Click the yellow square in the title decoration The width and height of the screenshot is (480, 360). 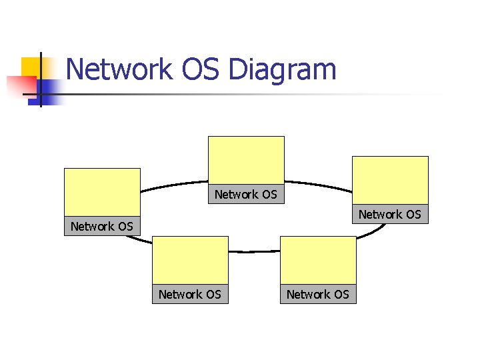tap(30, 67)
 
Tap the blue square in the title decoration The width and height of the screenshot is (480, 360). tap(50, 90)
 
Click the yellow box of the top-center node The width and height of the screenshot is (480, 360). tap(246, 160)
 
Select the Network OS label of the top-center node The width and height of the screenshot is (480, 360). tap(246, 194)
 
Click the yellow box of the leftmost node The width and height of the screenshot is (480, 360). tap(102, 192)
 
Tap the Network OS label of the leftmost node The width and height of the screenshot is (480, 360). tap(102, 227)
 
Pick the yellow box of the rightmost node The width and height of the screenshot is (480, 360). tap(390, 180)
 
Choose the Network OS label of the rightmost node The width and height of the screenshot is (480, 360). tap(390, 214)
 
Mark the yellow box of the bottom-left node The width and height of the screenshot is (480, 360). tap(190, 260)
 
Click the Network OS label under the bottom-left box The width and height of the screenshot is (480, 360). tap(190, 294)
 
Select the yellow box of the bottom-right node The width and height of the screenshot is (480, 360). tap(318, 260)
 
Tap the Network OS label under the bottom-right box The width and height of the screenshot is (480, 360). tap(318, 294)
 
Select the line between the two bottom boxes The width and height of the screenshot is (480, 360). tap(254, 251)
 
